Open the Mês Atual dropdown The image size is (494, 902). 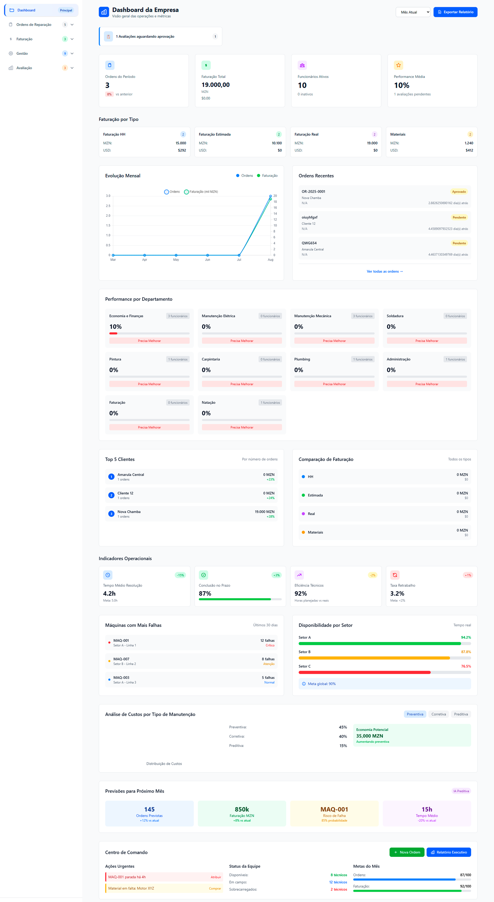(x=412, y=12)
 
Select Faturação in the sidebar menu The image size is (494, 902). (x=24, y=39)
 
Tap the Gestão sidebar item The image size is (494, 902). (x=22, y=53)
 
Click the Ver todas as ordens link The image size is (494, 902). (x=384, y=271)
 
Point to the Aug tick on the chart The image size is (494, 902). (x=270, y=259)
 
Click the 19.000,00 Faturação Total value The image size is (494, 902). (x=216, y=85)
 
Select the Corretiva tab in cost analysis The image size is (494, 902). (x=438, y=714)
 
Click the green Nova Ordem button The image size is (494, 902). (x=407, y=852)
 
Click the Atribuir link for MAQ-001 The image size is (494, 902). (x=216, y=877)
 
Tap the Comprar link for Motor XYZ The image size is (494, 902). (x=215, y=888)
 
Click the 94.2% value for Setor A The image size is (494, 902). (x=466, y=637)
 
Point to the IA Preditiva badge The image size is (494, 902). (x=461, y=791)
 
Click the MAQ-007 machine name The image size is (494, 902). (x=121, y=659)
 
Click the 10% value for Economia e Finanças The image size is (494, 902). (x=115, y=326)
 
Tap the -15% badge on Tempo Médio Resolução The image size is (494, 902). (x=180, y=575)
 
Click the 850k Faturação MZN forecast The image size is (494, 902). (x=242, y=809)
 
